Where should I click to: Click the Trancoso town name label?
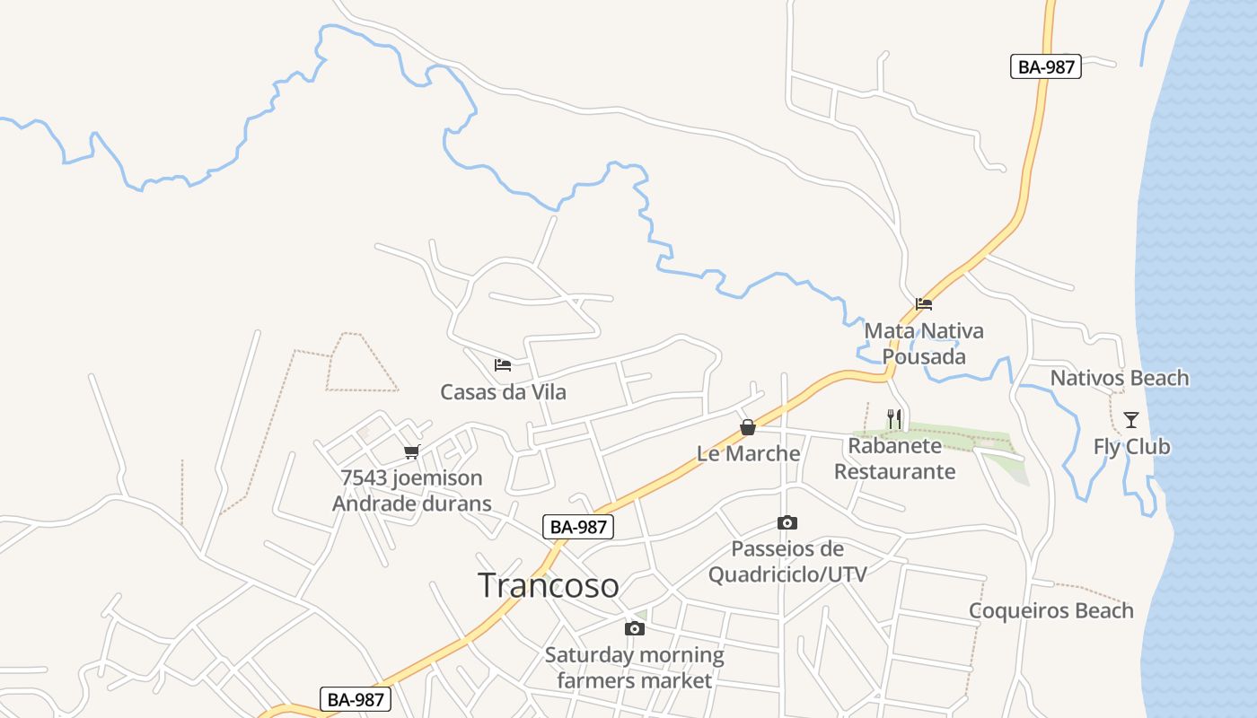(x=549, y=585)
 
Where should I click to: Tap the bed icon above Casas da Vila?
(x=503, y=365)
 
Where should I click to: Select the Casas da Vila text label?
(x=503, y=392)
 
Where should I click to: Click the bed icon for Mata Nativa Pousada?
(x=924, y=303)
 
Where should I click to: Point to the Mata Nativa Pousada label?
(x=924, y=344)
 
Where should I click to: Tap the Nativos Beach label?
(x=1119, y=378)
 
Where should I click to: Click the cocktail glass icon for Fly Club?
(x=1131, y=419)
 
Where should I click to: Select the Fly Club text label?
(x=1131, y=446)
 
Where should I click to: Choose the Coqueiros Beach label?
(x=1050, y=611)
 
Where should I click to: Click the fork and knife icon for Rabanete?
(x=894, y=419)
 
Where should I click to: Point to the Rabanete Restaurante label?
(x=895, y=459)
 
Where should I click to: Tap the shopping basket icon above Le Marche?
(x=748, y=427)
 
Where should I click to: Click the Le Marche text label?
(x=748, y=453)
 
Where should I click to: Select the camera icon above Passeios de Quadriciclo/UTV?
(x=787, y=523)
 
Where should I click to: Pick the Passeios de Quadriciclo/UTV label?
(x=787, y=561)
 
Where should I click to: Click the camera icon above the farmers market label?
(x=635, y=628)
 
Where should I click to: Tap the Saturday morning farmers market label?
(x=635, y=668)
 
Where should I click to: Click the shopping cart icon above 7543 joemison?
(x=412, y=451)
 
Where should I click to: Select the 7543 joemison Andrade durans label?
(x=412, y=491)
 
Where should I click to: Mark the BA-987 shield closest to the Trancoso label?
(x=578, y=527)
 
